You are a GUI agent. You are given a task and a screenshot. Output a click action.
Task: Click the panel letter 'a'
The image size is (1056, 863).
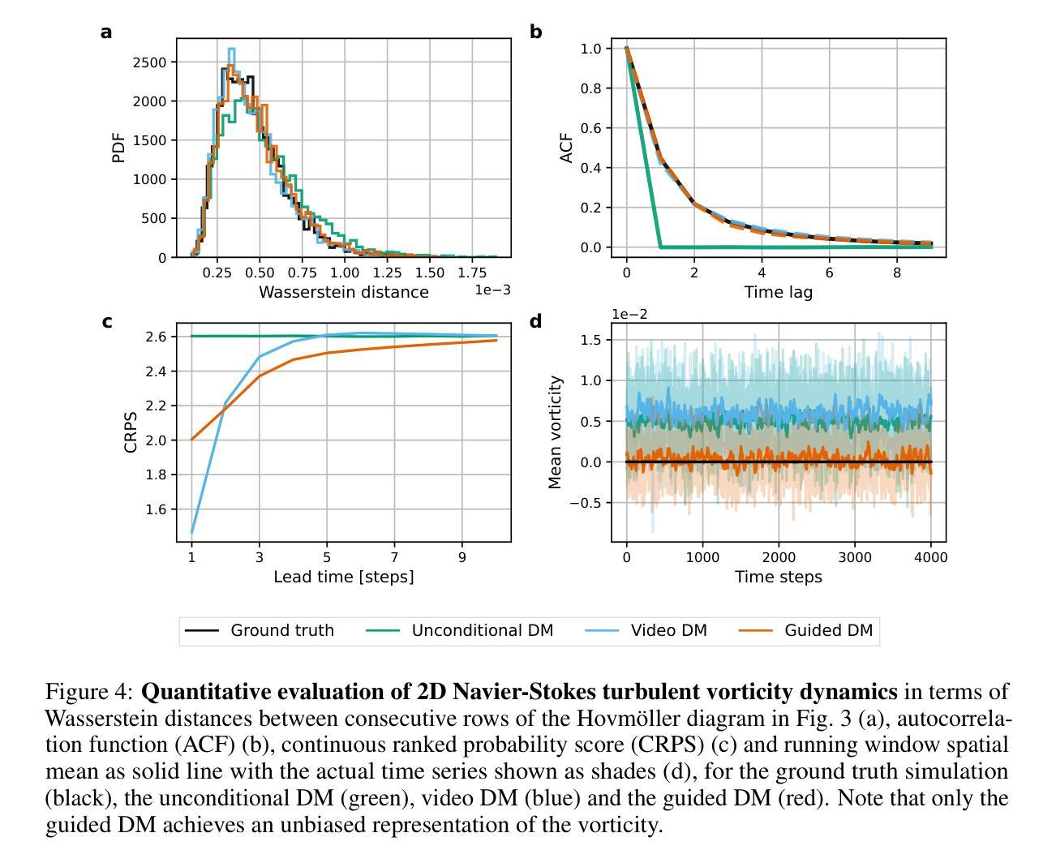(106, 32)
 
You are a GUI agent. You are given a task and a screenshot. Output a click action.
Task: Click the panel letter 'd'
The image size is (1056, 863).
(535, 322)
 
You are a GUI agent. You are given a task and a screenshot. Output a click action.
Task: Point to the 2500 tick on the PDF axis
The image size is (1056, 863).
(150, 62)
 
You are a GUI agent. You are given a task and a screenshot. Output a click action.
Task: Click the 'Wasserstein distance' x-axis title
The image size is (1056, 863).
(343, 292)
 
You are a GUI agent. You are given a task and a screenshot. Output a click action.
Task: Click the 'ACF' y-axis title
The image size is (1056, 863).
(567, 148)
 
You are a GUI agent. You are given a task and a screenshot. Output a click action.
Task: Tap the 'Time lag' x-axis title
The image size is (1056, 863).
(779, 292)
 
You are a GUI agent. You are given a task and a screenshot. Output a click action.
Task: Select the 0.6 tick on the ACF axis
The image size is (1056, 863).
(590, 128)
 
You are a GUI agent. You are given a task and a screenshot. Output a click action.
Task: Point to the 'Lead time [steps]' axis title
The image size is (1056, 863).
(343, 577)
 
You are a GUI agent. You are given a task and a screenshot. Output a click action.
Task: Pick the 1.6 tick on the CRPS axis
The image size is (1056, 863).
(156, 509)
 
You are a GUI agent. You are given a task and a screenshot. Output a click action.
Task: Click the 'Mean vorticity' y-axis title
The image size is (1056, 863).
(556, 432)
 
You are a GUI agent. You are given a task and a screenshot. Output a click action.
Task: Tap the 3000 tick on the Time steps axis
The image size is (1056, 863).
(855, 557)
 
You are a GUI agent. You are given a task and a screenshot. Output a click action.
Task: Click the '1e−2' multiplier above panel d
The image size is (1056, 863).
(629, 315)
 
